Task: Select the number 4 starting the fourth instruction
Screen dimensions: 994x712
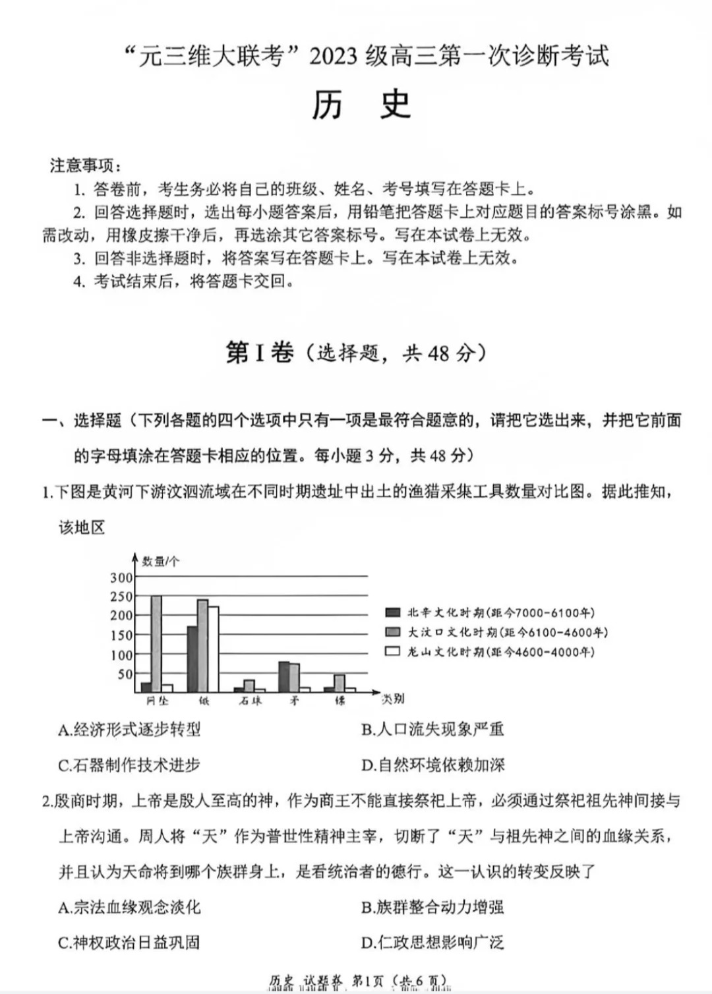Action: pos(78,281)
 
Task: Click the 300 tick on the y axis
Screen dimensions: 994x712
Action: pos(121,578)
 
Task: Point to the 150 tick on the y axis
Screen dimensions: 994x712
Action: pos(121,635)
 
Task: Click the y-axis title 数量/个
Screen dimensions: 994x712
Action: pos(160,562)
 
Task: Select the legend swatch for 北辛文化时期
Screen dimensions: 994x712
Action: pos(393,612)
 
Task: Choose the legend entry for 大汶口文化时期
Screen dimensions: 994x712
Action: pos(506,632)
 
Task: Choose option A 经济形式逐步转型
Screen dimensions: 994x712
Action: pos(129,730)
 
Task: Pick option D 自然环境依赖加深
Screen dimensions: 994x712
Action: pos(432,765)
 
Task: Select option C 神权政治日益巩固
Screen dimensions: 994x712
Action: pos(129,943)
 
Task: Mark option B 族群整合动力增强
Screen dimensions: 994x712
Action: pos(432,907)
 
